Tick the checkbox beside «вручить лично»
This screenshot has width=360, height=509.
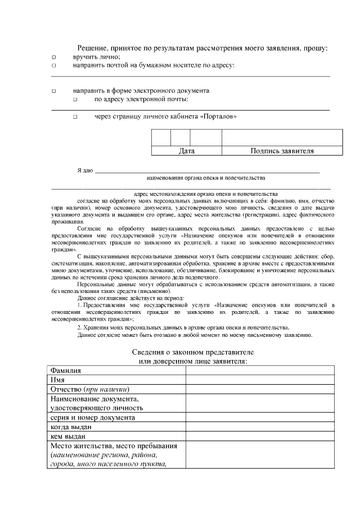click(54, 57)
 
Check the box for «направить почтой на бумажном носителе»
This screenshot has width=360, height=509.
click(54, 66)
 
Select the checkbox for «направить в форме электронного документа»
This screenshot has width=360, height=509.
click(54, 91)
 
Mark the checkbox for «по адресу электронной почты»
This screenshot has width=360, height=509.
click(74, 100)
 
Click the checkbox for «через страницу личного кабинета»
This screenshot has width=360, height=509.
click(74, 118)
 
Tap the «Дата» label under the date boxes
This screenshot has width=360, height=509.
click(186, 151)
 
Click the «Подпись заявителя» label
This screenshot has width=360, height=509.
click(282, 151)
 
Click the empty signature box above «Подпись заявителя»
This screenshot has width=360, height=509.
click(282, 137)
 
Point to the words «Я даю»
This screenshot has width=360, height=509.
click(85, 170)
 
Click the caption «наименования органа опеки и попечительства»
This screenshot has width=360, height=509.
click(206, 178)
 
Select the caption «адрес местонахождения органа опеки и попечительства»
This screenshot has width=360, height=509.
click(206, 192)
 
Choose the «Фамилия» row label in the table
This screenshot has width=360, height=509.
click(66, 371)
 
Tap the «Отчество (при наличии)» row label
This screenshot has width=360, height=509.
click(91, 389)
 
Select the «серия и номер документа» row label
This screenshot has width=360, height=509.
click(92, 418)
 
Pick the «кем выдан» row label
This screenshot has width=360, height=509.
click(68, 436)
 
